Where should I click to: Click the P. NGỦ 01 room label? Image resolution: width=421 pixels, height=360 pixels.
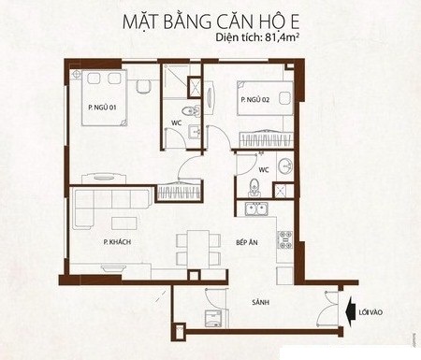coord(102,107)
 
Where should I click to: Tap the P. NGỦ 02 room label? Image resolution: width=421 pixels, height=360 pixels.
coord(255,99)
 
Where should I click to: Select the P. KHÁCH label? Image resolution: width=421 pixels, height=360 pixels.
coord(117,241)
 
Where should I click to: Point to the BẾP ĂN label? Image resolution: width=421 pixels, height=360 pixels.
coord(247,242)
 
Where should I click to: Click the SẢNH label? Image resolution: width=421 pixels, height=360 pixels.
coord(261,302)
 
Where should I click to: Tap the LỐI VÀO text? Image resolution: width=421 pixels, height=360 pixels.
coord(370,312)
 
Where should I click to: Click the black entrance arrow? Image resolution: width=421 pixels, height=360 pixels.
coord(352,311)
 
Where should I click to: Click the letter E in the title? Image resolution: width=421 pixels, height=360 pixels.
coord(293,22)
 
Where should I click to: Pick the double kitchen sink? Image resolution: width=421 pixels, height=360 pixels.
coord(256,209)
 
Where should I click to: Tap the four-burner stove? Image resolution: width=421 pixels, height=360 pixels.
coord(285,239)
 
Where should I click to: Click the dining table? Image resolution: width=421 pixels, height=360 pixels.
coord(198,249)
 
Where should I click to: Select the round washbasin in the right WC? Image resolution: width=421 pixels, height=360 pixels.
coord(285,166)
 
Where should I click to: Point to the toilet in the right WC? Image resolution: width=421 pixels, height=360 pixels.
coord(254,188)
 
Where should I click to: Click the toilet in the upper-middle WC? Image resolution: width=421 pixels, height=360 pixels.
coord(191,110)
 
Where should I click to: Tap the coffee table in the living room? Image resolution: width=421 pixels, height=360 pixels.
coord(123,223)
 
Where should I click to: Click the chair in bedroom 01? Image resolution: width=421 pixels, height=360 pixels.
coord(143,86)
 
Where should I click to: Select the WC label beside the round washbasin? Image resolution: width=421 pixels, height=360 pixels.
coord(264,170)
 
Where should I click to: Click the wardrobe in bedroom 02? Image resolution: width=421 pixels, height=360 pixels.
coord(266,139)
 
